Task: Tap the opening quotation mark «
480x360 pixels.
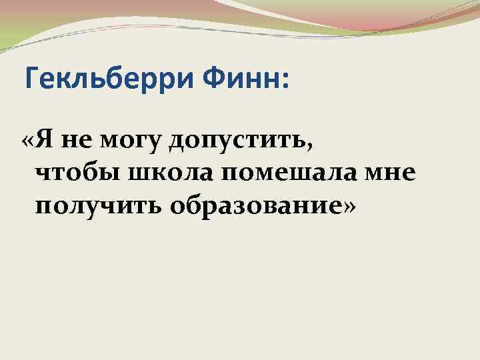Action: click(27, 143)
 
